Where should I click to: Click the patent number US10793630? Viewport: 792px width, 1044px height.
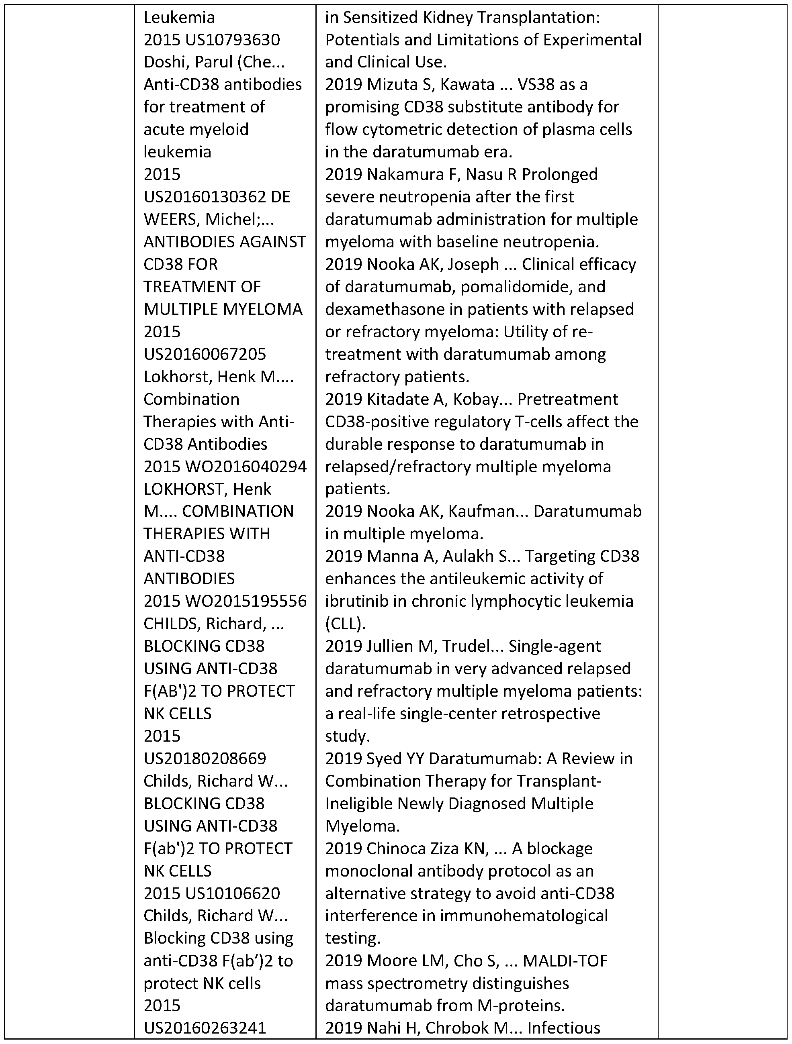coord(233,40)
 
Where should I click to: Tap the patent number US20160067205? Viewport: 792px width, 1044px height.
coord(205,354)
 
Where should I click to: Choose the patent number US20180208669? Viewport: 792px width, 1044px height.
coord(205,759)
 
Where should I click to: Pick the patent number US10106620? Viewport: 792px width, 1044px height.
coord(233,893)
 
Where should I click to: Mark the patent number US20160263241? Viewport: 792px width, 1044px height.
coord(205,1028)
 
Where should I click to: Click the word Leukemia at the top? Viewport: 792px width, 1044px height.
coord(179,17)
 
